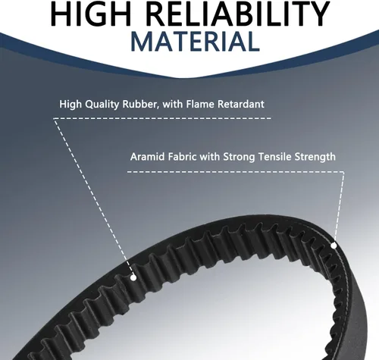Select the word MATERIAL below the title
(x=195, y=41)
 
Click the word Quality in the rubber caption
(x=102, y=105)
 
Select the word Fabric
(x=183, y=157)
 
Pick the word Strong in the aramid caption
(x=239, y=157)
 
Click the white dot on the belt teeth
(x=133, y=278)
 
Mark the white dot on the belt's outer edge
(x=334, y=246)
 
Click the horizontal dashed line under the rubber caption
(x=162, y=118)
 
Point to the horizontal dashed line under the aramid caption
(x=236, y=172)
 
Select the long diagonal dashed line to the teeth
(x=93, y=197)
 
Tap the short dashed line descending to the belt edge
(x=340, y=208)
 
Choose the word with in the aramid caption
(x=210, y=157)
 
